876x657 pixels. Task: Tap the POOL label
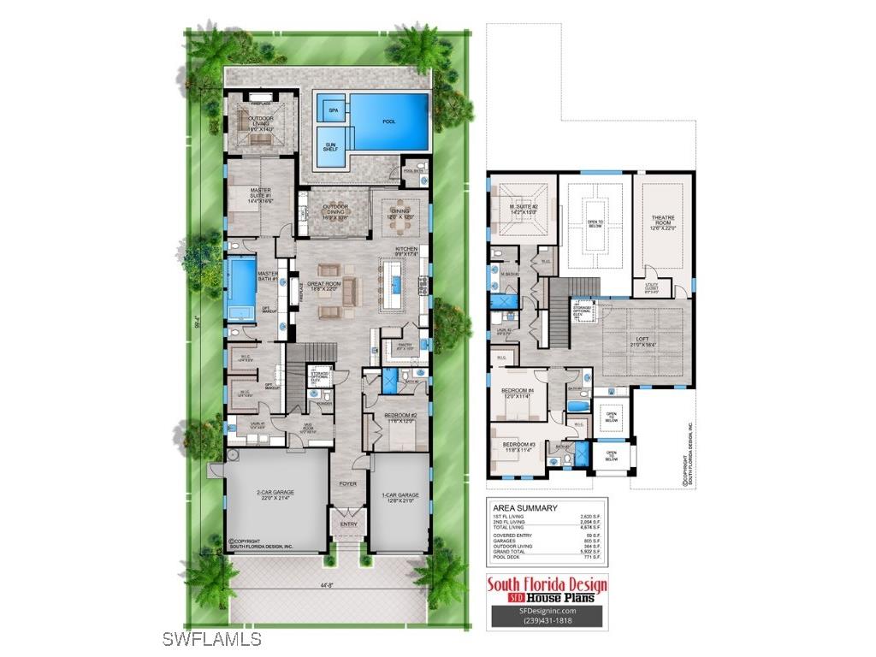[389, 121]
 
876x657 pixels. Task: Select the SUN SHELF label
[330, 146]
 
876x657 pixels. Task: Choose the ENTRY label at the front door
[348, 524]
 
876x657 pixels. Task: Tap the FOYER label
[347, 483]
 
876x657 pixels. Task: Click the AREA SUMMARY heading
[524, 507]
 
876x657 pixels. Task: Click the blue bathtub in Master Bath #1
[240, 281]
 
